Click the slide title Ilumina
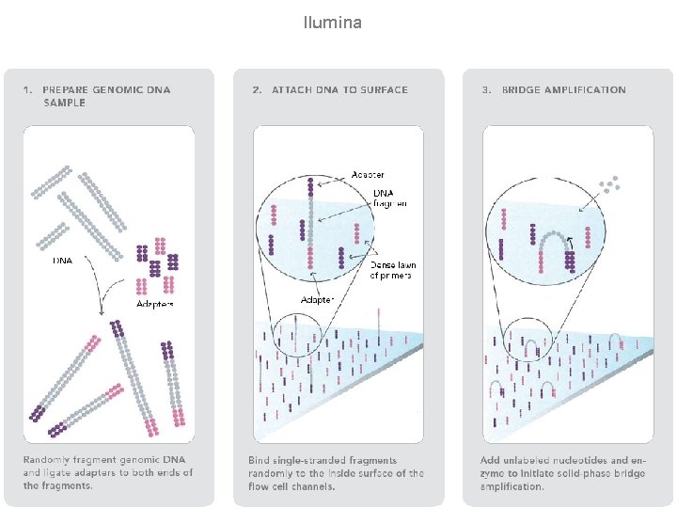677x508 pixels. [333, 21]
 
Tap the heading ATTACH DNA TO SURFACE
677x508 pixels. [339, 89]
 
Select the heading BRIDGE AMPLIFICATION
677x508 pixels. [563, 89]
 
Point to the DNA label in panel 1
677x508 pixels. [62, 261]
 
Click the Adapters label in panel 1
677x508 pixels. [155, 304]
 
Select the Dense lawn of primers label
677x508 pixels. [392, 270]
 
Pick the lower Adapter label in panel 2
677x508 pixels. [317, 300]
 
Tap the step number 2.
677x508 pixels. [257, 89]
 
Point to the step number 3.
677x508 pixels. [486, 89]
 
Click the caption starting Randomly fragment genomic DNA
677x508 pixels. [107, 472]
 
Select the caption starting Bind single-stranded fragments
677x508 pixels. [336, 472]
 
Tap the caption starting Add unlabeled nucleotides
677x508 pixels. [562, 472]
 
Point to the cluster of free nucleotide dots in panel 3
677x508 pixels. [611, 183]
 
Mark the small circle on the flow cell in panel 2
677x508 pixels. [296, 338]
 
